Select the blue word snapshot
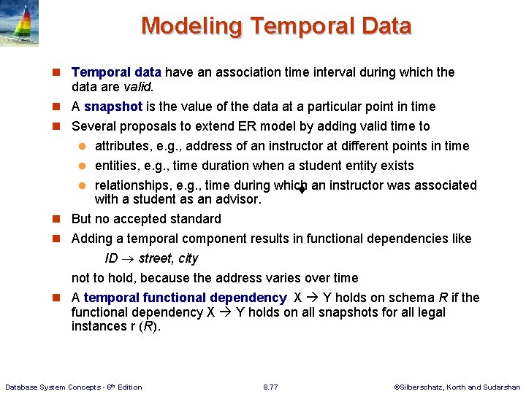[118, 107]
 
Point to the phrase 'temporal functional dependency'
[185, 298]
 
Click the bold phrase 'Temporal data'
[117, 72]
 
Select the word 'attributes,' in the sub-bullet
[126, 146]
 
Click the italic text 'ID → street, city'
[151, 258]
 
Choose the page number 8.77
[271, 387]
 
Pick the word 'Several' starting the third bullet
[93, 126]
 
